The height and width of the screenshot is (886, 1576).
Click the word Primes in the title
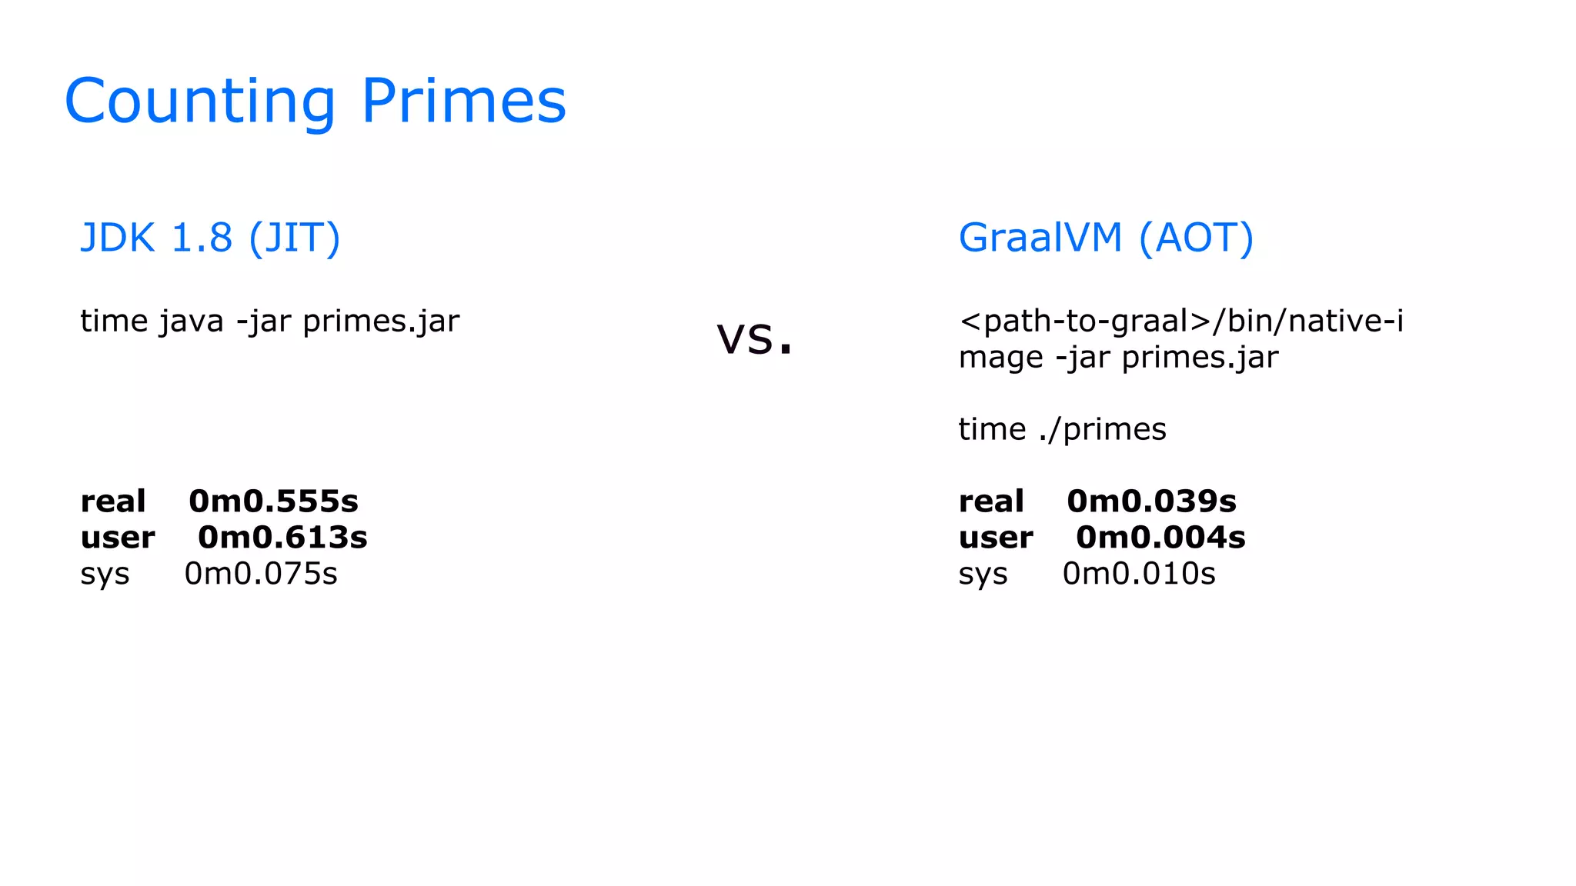[x=463, y=102]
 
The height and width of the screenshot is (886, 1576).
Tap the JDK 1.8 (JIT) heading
[x=210, y=238]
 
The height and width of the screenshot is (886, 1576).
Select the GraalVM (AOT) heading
[x=1106, y=238]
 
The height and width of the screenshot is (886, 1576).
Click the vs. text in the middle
[x=754, y=338]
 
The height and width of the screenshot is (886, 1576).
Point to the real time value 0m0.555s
[x=273, y=501]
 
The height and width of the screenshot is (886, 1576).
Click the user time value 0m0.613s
[x=282, y=538]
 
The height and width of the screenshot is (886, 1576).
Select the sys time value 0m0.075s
[x=261, y=574]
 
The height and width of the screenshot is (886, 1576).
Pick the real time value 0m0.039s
[x=1151, y=501]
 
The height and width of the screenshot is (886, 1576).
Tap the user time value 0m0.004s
[x=1160, y=538]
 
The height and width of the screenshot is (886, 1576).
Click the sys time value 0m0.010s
[x=1139, y=574]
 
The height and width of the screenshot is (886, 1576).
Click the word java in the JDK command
[x=191, y=321]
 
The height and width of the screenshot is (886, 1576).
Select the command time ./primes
[x=1062, y=429]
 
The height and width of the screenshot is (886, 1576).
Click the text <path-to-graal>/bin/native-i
[x=1181, y=321]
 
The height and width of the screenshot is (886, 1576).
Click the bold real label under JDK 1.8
[x=112, y=501]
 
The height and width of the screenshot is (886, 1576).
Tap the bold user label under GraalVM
[x=996, y=538]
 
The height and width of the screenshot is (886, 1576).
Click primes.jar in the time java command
[x=381, y=321]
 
